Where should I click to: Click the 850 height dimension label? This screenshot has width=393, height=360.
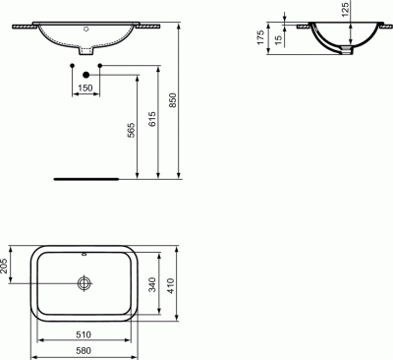[173, 100]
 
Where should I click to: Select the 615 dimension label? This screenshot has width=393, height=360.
[151, 119]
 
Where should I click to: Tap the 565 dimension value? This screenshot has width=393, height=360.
[131, 130]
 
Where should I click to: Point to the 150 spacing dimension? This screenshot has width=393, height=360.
[85, 88]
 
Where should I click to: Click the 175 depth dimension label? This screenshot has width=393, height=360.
[260, 37]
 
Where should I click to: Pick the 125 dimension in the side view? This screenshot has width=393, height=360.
[345, 9]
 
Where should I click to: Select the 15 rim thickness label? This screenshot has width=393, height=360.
[278, 39]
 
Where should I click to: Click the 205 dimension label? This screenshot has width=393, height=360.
[3, 267]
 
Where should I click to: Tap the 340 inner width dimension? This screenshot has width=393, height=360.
[152, 284]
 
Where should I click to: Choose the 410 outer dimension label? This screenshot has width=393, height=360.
[171, 285]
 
